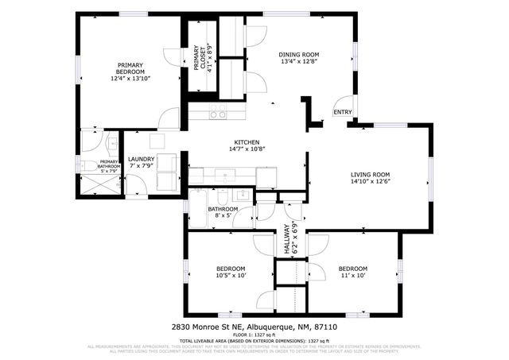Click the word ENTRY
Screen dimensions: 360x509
point(342,112)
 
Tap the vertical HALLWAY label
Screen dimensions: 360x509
point(285,239)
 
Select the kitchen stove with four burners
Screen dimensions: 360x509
point(217,113)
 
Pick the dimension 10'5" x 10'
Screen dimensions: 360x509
point(230,277)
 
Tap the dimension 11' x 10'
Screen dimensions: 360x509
point(352,277)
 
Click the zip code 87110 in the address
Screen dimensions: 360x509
point(326,327)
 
